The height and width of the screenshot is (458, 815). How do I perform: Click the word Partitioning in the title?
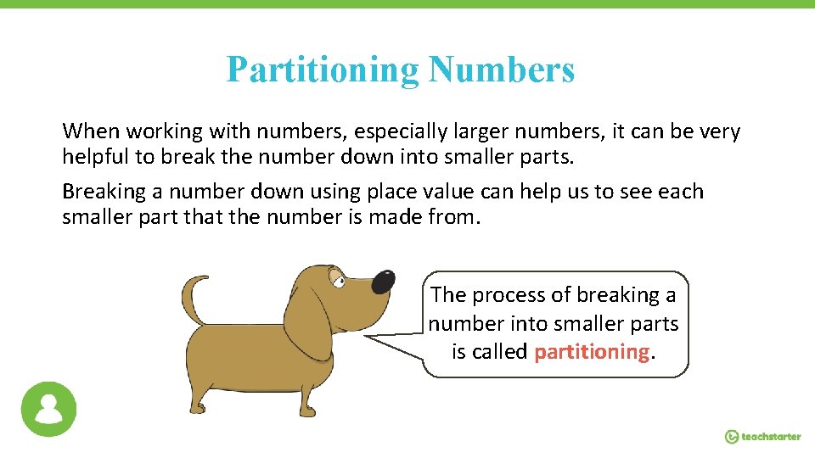[x=323, y=70]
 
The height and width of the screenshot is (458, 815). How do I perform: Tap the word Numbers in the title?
[x=502, y=70]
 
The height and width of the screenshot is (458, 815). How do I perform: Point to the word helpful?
[x=93, y=157]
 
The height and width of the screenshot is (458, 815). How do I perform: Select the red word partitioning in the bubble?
[x=592, y=352]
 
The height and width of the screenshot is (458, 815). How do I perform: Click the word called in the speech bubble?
[x=498, y=352]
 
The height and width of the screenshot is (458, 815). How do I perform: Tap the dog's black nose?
[x=383, y=282]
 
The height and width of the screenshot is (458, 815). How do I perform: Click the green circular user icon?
[x=48, y=409]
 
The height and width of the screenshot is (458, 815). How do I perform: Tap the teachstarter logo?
[x=762, y=436]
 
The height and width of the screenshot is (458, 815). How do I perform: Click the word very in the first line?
[x=719, y=132]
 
